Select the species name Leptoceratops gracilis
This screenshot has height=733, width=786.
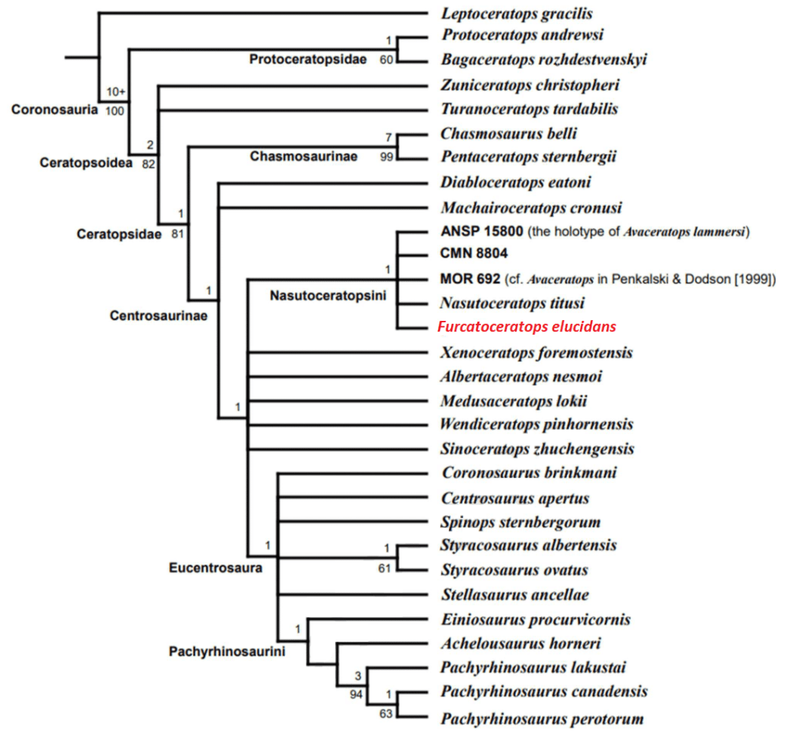point(516,13)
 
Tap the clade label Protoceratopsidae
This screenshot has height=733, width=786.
point(308,60)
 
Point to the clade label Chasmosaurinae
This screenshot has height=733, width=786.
point(303,157)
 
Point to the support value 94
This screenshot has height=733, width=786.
point(354,694)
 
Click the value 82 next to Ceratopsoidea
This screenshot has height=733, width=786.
point(148,163)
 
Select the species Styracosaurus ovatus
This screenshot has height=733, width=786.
point(515,570)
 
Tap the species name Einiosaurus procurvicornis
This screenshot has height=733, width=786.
point(536,619)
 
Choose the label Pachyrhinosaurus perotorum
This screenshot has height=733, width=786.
point(542,718)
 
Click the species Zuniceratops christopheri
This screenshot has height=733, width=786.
point(530,84)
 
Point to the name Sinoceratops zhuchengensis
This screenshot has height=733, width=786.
point(537,448)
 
